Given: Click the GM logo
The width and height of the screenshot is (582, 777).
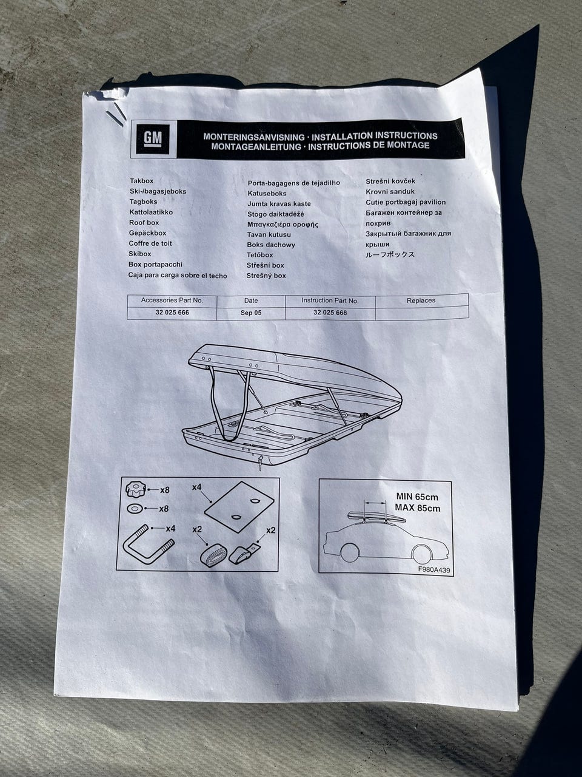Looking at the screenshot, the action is tap(153, 138).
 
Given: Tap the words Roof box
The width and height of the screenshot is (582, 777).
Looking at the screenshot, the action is tap(144, 223).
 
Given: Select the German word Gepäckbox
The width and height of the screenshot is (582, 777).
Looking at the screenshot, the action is tap(147, 233).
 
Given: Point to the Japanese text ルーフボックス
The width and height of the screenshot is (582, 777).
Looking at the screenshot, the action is tap(390, 254).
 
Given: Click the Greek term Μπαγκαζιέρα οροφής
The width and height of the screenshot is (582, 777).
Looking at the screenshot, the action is tap(283, 225).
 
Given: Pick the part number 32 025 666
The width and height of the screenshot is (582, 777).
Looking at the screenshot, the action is tap(172, 313).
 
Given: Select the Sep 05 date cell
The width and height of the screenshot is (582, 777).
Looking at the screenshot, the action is tap(251, 313).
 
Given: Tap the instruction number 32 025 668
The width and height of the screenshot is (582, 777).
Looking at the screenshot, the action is tap(330, 313).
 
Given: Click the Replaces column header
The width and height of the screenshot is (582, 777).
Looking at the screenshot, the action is tap(421, 300).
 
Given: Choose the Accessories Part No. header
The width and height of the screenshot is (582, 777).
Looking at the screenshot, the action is tap(172, 300).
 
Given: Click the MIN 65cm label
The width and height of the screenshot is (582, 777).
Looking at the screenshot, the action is tap(417, 497).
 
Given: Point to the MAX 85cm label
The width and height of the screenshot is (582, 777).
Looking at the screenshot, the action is tap(418, 508).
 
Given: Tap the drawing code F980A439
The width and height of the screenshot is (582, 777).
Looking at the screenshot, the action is tap(433, 569).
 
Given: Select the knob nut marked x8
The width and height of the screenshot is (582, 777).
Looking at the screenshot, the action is tap(136, 489).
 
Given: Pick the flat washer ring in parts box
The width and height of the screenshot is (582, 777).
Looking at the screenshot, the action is tap(135, 509).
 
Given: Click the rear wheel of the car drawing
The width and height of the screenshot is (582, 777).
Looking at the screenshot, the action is tap(349, 552).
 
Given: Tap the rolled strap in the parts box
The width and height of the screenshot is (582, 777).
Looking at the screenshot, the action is tap(212, 555).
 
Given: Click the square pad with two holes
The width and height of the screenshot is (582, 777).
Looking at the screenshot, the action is tap(239, 507).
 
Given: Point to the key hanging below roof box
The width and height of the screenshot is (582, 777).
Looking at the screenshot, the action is tap(260, 461).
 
